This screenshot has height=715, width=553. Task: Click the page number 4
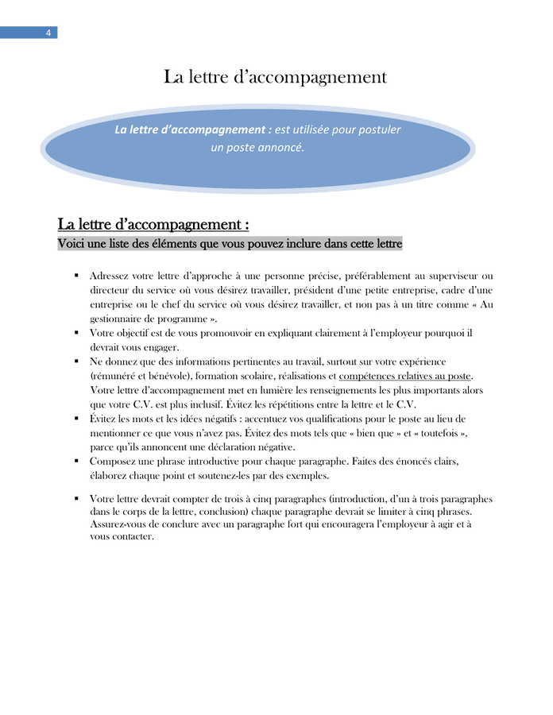pyautogui.click(x=48, y=33)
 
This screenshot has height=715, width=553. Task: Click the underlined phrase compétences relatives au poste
pyautogui.click(x=405, y=376)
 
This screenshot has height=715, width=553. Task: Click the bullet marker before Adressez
pyautogui.click(x=76, y=276)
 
